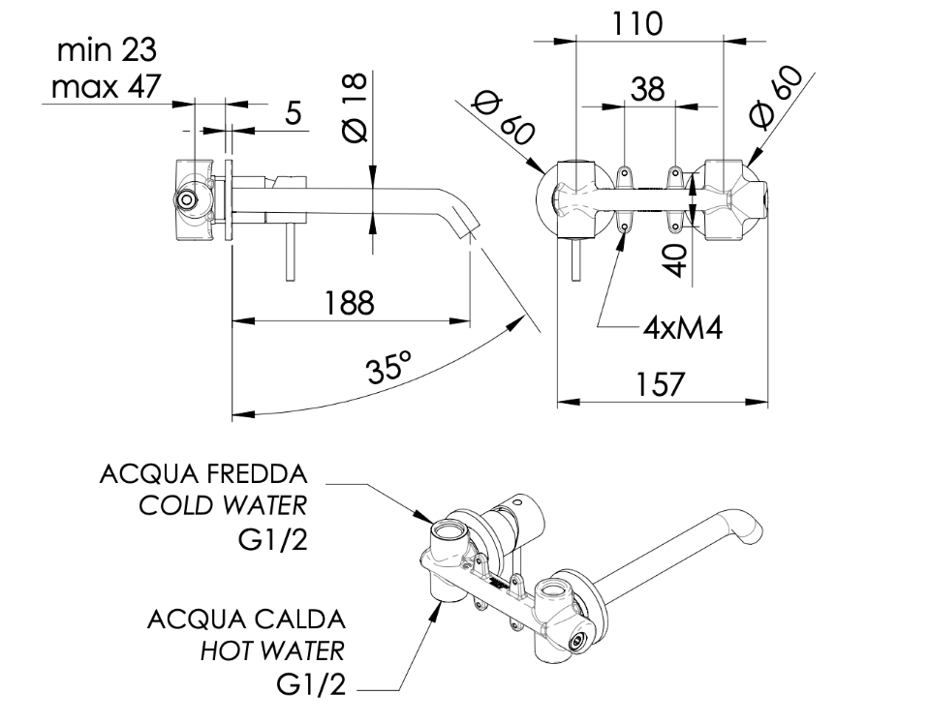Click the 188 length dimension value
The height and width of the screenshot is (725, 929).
pyautogui.click(x=350, y=302)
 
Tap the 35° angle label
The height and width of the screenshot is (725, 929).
pyautogui.click(x=388, y=368)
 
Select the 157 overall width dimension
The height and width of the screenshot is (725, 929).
pyautogui.click(x=660, y=383)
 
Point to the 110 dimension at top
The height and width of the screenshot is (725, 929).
pyautogui.click(x=635, y=24)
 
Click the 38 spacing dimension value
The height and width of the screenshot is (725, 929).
pyautogui.click(x=647, y=89)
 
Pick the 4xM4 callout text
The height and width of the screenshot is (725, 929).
pyautogui.click(x=683, y=327)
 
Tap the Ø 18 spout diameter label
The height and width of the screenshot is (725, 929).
pyautogui.click(x=356, y=107)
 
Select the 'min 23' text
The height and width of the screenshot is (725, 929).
pyautogui.click(x=107, y=50)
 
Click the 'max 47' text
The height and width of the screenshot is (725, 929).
pyautogui.click(x=106, y=86)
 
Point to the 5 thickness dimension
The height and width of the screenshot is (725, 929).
pyautogui.click(x=294, y=113)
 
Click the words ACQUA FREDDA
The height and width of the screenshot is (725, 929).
pyautogui.click(x=203, y=474)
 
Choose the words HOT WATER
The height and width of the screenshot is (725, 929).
pyautogui.click(x=272, y=651)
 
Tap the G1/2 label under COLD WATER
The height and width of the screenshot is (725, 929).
pyautogui.click(x=273, y=539)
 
